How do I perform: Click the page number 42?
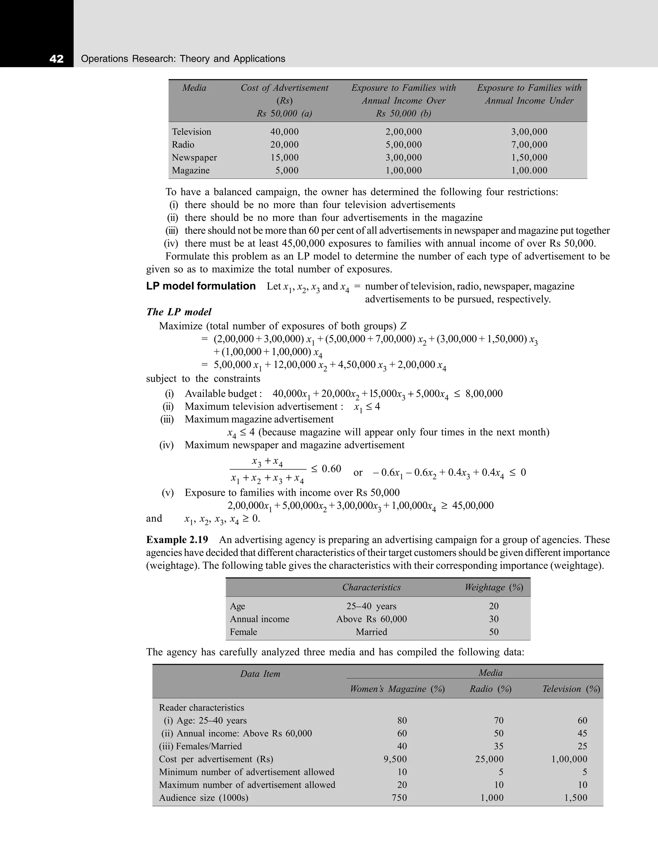[x=57, y=59]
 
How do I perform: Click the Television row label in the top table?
[x=191, y=132]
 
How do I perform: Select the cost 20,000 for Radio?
[x=284, y=144]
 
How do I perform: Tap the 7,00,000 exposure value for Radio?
[x=529, y=144]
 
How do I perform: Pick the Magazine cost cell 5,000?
[x=287, y=170]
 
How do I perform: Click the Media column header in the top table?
[x=194, y=88]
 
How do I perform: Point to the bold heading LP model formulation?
[x=201, y=286]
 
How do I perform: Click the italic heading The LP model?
[x=179, y=312]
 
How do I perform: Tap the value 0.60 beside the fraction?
[x=331, y=468]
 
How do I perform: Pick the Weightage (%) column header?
[x=493, y=587]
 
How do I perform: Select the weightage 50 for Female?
[x=493, y=632]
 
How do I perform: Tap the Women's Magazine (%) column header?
[x=397, y=689]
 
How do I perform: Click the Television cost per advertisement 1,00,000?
[x=569, y=759]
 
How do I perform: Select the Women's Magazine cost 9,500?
[x=395, y=759]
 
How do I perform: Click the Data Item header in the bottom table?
[x=260, y=674]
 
